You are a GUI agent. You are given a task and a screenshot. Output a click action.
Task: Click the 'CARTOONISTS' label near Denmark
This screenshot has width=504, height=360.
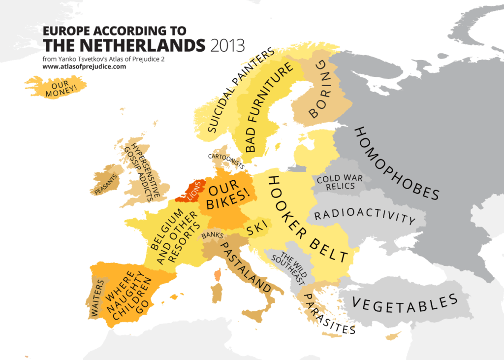(226, 159)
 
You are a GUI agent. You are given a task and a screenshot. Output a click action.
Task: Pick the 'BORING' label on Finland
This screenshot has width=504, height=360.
(321, 91)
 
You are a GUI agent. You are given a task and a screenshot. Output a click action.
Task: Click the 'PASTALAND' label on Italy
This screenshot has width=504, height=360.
(245, 266)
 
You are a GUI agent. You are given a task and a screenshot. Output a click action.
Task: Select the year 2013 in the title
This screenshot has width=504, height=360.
(227, 46)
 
